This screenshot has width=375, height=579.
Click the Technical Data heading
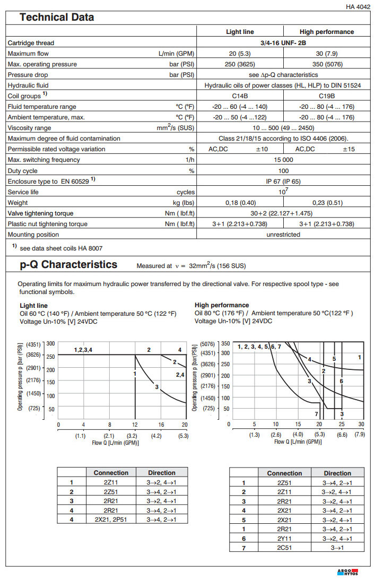(x=57, y=18)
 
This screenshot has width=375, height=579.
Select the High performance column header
(x=327, y=32)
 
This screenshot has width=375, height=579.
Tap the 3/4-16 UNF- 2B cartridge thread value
(x=283, y=42)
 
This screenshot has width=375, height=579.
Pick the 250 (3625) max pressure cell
(x=240, y=64)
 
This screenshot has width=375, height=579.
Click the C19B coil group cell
(x=327, y=96)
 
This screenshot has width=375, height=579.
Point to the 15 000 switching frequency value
(x=283, y=160)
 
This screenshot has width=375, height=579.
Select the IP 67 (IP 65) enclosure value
(x=283, y=181)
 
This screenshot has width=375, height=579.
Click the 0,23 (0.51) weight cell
(x=327, y=203)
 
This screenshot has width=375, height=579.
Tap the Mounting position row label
(x=33, y=235)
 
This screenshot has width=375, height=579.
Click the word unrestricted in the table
(x=283, y=235)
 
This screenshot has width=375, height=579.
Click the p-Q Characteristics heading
(x=69, y=264)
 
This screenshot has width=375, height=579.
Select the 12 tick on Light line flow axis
(x=135, y=425)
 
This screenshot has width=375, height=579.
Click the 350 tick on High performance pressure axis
(x=225, y=343)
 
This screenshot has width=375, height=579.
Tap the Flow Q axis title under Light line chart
(x=115, y=442)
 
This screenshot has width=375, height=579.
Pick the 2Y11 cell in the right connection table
(x=284, y=538)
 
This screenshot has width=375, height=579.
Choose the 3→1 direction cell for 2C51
(x=337, y=547)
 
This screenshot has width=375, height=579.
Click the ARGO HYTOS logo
(x=348, y=572)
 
